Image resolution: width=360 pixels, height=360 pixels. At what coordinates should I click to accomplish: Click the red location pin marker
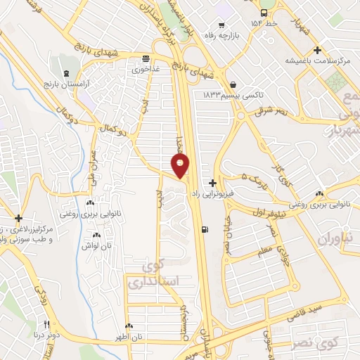pos(181,166)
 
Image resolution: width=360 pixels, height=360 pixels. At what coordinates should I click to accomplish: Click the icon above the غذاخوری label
pos(146,59)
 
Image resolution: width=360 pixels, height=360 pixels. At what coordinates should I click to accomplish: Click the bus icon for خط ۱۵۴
pos(264,13)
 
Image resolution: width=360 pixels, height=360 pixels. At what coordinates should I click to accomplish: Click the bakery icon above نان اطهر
pos(129,326)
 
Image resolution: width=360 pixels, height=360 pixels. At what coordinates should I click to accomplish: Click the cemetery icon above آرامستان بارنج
pos(67,75)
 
